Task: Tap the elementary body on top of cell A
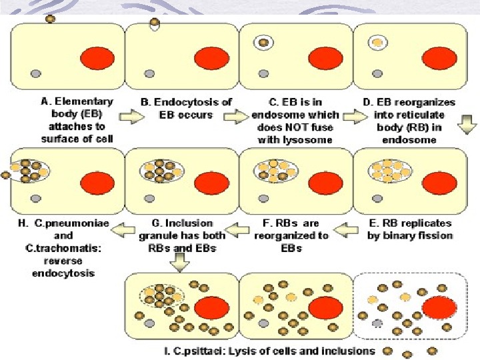(51, 18)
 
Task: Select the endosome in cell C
(265, 43)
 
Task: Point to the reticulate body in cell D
(378, 42)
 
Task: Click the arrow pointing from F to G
(237, 231)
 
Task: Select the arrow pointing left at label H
(123, 231)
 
